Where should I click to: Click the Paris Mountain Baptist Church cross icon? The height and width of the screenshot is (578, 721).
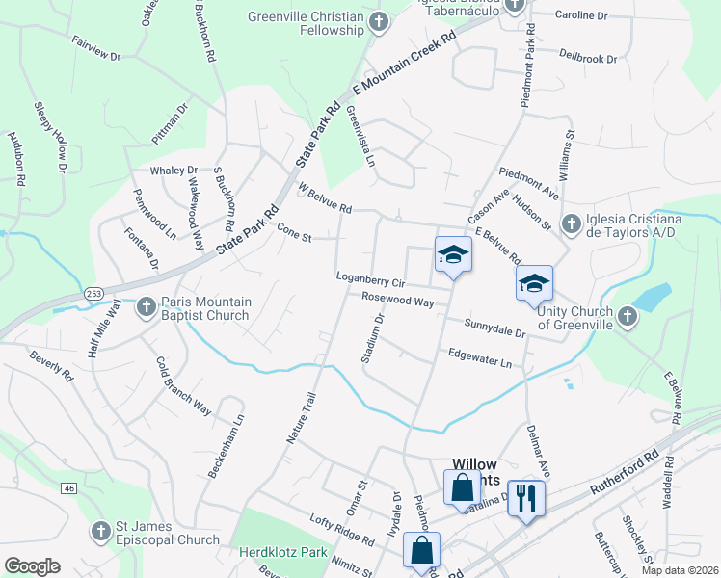[x=146, y=306]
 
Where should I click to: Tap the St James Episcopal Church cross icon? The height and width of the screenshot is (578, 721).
[x=101, y=531]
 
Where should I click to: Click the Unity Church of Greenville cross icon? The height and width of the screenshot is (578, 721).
[x=627, y=315]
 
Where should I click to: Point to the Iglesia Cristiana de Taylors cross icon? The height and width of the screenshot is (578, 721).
[x=570, y=223]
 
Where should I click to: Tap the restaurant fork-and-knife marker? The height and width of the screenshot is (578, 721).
[x=525, y=499]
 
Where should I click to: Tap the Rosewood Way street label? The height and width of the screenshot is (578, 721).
[x=397, y=300]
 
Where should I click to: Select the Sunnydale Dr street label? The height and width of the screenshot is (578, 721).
[x=494, y=328]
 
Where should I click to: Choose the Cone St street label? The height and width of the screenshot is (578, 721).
[x=294, y=232]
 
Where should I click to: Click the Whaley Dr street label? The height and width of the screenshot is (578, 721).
[x=174, y=171]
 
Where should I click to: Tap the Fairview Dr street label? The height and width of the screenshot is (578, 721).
[x=95, y=50]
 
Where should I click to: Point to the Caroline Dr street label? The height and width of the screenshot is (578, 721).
[x=582, y=16]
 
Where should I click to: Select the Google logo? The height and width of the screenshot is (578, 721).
[x=32, y=566]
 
